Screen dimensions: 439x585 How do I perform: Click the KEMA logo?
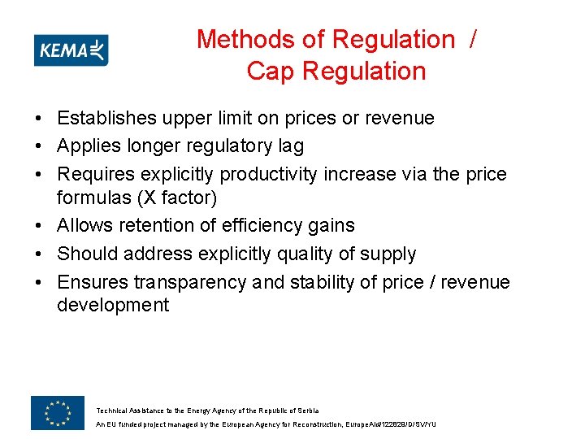[71, 50]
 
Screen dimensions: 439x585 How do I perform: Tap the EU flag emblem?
[57, 413]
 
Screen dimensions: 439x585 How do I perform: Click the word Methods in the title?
[245, 39]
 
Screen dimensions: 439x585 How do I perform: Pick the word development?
[113, 306]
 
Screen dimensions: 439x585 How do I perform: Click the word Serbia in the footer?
[306, 411]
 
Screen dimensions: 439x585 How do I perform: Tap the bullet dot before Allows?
[38, 226]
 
